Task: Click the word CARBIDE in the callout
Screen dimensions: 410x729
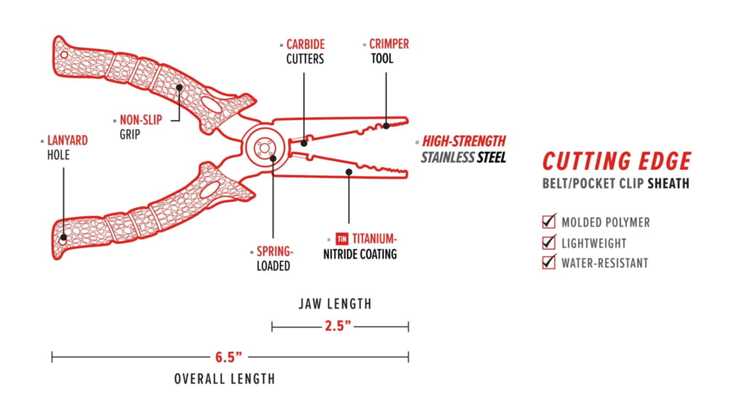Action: tap(306, 45)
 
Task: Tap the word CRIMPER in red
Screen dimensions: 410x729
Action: tap(389, 45)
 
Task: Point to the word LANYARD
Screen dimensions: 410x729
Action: tap(68, 140)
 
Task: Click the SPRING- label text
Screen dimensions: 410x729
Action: tap(276, 252)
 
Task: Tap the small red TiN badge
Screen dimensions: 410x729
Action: tap(342, 239)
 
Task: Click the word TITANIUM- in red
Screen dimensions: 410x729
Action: tap(375, 239)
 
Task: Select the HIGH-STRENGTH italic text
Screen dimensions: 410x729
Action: tap(464, 141)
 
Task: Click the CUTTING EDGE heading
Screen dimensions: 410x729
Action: tap(616, 161)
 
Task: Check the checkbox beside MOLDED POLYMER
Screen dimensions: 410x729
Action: tap(549, 221)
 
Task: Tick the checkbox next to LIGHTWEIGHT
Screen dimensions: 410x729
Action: tap(549, 242)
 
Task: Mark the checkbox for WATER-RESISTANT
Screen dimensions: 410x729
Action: tap(549, 262)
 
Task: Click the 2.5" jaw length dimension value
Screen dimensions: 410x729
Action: tap(338, 327)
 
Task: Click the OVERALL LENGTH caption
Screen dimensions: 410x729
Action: tap(224, 379)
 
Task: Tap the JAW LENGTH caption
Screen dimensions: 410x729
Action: tap(335, 304)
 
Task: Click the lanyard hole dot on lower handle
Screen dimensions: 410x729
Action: tap(63, 238)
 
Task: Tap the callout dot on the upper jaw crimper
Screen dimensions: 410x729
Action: tap(386, 125)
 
